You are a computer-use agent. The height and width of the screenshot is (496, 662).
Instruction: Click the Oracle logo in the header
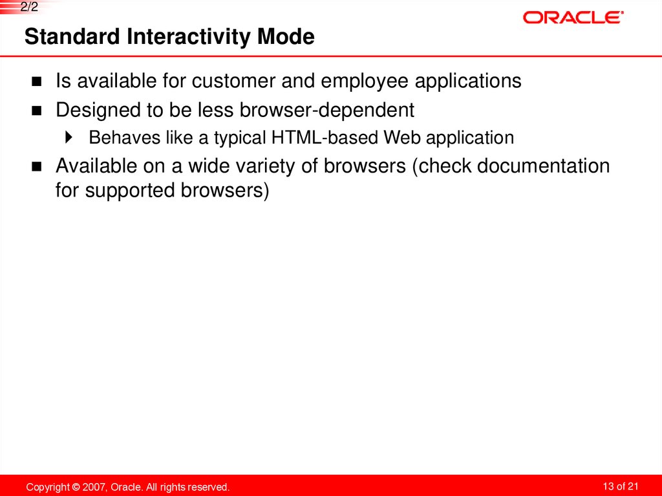tap(573, 17)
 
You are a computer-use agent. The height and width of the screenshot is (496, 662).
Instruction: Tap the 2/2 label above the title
tap(30, 8)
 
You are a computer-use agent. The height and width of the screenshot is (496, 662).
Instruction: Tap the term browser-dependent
tap(326, 110)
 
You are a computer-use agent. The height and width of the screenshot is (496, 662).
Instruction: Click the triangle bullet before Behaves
tap(70, 138)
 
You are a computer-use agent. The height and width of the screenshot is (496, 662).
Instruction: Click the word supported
tap(117, 191)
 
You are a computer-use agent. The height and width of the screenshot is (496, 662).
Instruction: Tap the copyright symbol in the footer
tap(76, 487)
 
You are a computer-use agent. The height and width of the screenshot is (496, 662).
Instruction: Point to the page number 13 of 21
tap(620, 486)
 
